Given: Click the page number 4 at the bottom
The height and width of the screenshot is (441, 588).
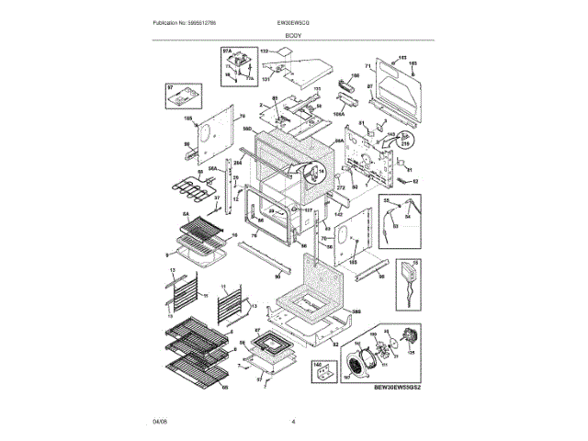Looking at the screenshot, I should [293, 422].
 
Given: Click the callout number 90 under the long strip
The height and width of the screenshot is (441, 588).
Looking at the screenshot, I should [277, 277].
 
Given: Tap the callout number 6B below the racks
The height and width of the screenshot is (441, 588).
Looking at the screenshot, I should [224, 387].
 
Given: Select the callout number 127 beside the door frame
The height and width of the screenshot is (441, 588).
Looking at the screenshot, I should [309, 210].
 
